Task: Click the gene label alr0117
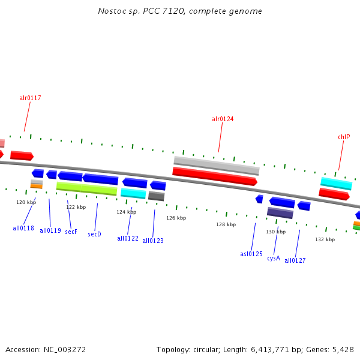pyautogui.click(x=30, y=98)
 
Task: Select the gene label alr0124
pyautogui.click(x=223, y=119)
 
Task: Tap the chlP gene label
pyautogui.click(x=344, y=137)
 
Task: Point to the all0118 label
pyautogui.click(x=23, y=228)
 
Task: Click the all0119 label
pyautogui.click(x=50, y=230)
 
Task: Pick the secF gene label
pyautogui.click(x=71, y=232)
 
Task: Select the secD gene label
pyautogui.click(x=95, y=234)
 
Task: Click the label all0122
pyautogui.click(x=128, y=238)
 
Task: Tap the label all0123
pyautogui.click(x=153, y=241)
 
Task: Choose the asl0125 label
pyautogui.click(x=251, y=254)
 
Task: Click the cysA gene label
pyautogui.click(x=274, y=258)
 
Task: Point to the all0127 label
pyautogui.click(x=295, y=260)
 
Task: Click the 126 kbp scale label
pyautogui.click(x=176, y=218)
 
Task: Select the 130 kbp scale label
pyautogui.click(x=276, y=232)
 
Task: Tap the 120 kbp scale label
pyautogui.click(x=26, y=202)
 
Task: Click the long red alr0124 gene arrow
pyautogui.click(x=215, y=176)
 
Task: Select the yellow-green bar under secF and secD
pyautogui.click(x=86, y=189)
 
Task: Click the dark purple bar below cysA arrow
pyautogui.click(x=280, y=212)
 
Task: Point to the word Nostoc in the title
pyautogui.click(x=110, y=11)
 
